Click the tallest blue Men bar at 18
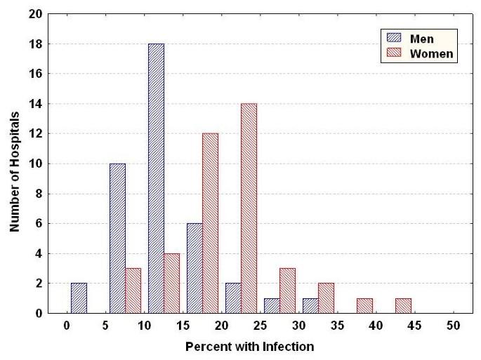156,178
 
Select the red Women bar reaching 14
249,208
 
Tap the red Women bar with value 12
210,223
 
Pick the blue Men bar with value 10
117,239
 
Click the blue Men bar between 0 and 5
79,298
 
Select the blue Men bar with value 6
195,268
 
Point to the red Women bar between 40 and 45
403,306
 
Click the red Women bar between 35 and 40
364,306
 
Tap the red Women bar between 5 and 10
133,291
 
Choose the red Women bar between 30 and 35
326,298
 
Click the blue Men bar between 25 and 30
272,306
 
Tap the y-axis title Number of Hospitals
15,163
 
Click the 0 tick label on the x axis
67,326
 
